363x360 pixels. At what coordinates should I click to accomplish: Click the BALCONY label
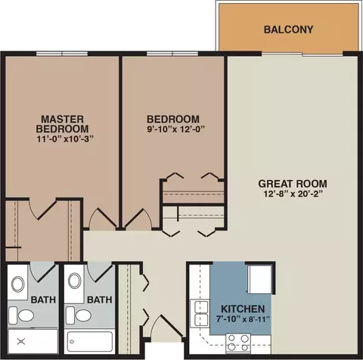(x=288, y=29)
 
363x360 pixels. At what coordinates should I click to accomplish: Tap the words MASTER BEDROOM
(x=62, y=124)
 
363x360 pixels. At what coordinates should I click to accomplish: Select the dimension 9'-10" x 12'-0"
(x=175, y=129)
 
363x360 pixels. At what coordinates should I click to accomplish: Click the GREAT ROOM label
(x=293, y=184)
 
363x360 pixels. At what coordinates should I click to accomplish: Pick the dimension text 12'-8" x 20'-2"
(x=293, y=194)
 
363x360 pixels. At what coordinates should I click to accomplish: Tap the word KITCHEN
(x=243, y=309)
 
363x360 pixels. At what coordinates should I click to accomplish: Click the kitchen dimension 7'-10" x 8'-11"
(x=243, y=319)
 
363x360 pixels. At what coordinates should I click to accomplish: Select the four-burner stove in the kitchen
(x=238, y=343)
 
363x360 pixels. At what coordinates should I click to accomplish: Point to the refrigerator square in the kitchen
(x=259, y=279)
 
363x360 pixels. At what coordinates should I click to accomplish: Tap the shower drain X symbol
(x=21, y=342)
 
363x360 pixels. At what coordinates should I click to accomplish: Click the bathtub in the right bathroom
(x=90, y=343)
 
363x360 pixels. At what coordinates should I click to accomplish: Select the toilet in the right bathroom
(x=79, y=315)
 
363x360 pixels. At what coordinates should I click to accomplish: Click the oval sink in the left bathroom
(x=17, y=284)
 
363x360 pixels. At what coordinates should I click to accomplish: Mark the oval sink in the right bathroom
(x=75, y=281)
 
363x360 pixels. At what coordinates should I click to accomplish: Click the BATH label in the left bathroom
(x=43, y=299)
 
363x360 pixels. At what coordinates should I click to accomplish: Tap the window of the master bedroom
(x=62, y=54)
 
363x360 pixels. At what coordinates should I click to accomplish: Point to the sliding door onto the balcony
(x=302, y=54)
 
